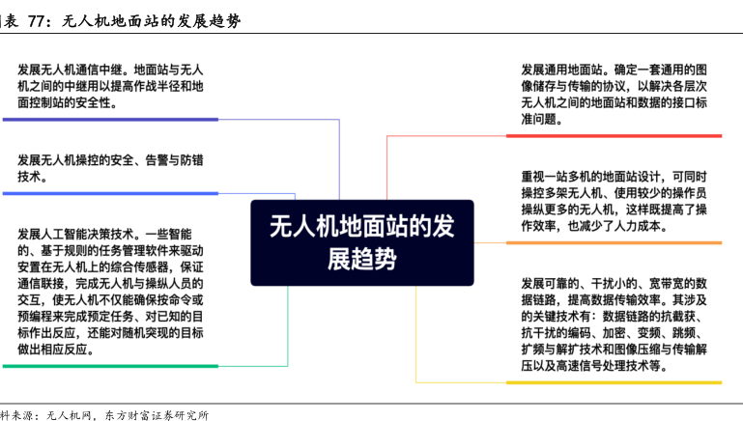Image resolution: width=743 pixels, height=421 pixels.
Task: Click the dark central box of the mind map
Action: pos(362,242)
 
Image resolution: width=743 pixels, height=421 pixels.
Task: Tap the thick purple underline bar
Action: pos(110,120)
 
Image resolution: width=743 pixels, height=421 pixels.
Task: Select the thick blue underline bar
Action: pos(110,193)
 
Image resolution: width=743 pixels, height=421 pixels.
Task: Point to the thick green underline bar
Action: pos(110,366)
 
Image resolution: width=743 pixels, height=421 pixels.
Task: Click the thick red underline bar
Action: pos(614,136)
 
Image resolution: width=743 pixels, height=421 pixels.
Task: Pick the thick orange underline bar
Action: pos(614,243)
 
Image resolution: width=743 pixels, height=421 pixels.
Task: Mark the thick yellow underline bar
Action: pos(614,382)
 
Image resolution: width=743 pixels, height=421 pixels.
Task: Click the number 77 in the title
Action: pos(36,21)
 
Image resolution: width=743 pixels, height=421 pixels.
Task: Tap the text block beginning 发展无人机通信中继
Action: pos(110,86)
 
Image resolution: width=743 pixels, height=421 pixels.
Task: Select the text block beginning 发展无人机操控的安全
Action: pos(110,168)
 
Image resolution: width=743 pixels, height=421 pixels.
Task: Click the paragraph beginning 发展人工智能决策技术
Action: pos(110,292)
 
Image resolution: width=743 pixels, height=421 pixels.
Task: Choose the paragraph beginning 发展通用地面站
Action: pos(614,95)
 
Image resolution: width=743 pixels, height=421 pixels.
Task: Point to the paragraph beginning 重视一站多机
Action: pos(614,201)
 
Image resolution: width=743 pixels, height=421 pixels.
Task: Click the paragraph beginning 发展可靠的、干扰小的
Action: pos(614,324)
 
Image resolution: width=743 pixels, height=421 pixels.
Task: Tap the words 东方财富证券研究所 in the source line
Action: pos(157,415)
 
